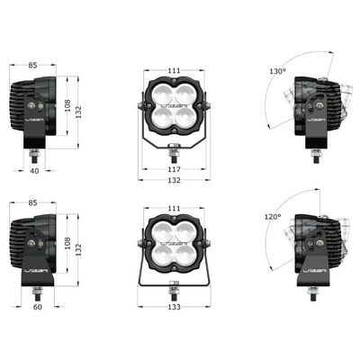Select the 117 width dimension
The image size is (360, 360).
click(174, 168)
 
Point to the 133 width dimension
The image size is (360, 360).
click(174, 307)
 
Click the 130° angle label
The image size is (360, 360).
click(276, 70)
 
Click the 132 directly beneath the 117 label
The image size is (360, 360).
click(174, 180)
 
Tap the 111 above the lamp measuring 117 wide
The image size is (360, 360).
click(174, 69)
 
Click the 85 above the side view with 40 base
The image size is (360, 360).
click(32, 65)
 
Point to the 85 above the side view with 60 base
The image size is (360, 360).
click(32, 205)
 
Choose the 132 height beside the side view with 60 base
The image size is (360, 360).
click(77, 247)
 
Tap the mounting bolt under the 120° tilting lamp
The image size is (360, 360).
click(312, 292)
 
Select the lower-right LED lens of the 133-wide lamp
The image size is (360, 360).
click(184, 253)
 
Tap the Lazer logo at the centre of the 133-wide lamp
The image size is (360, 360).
click(174, 243)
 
